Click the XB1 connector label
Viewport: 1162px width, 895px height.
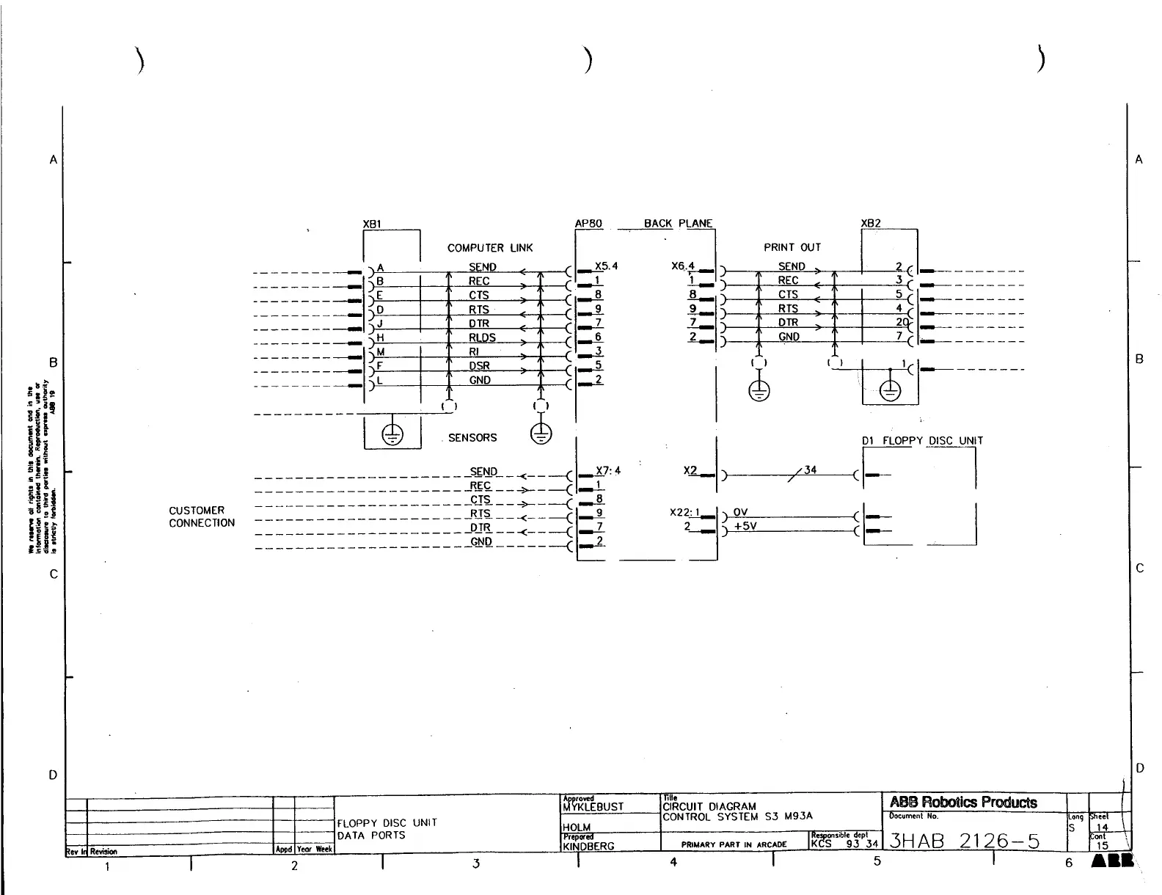click(372, 223)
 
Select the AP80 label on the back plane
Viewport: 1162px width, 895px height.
click(589, 223)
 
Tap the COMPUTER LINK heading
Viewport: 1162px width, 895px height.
click(490, 248)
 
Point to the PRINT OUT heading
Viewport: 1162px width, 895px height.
click(792, 247)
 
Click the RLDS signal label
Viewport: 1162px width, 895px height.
click(482, 337)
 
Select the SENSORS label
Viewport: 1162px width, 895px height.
click(472, 437)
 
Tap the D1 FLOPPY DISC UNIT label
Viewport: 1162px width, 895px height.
click(922, 441)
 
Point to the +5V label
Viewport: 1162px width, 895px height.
click(745, 526)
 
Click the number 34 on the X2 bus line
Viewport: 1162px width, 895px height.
click(810, 470)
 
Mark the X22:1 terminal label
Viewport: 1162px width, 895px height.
click(685, 512)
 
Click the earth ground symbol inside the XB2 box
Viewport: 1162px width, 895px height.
click(890, 392)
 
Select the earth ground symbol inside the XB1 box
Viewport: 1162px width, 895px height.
click(392, 434)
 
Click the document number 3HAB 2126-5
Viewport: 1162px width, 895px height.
click(964, 841)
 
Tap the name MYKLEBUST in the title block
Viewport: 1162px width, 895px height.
click(593, 807)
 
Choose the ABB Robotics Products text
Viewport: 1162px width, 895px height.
click(963, 802)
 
